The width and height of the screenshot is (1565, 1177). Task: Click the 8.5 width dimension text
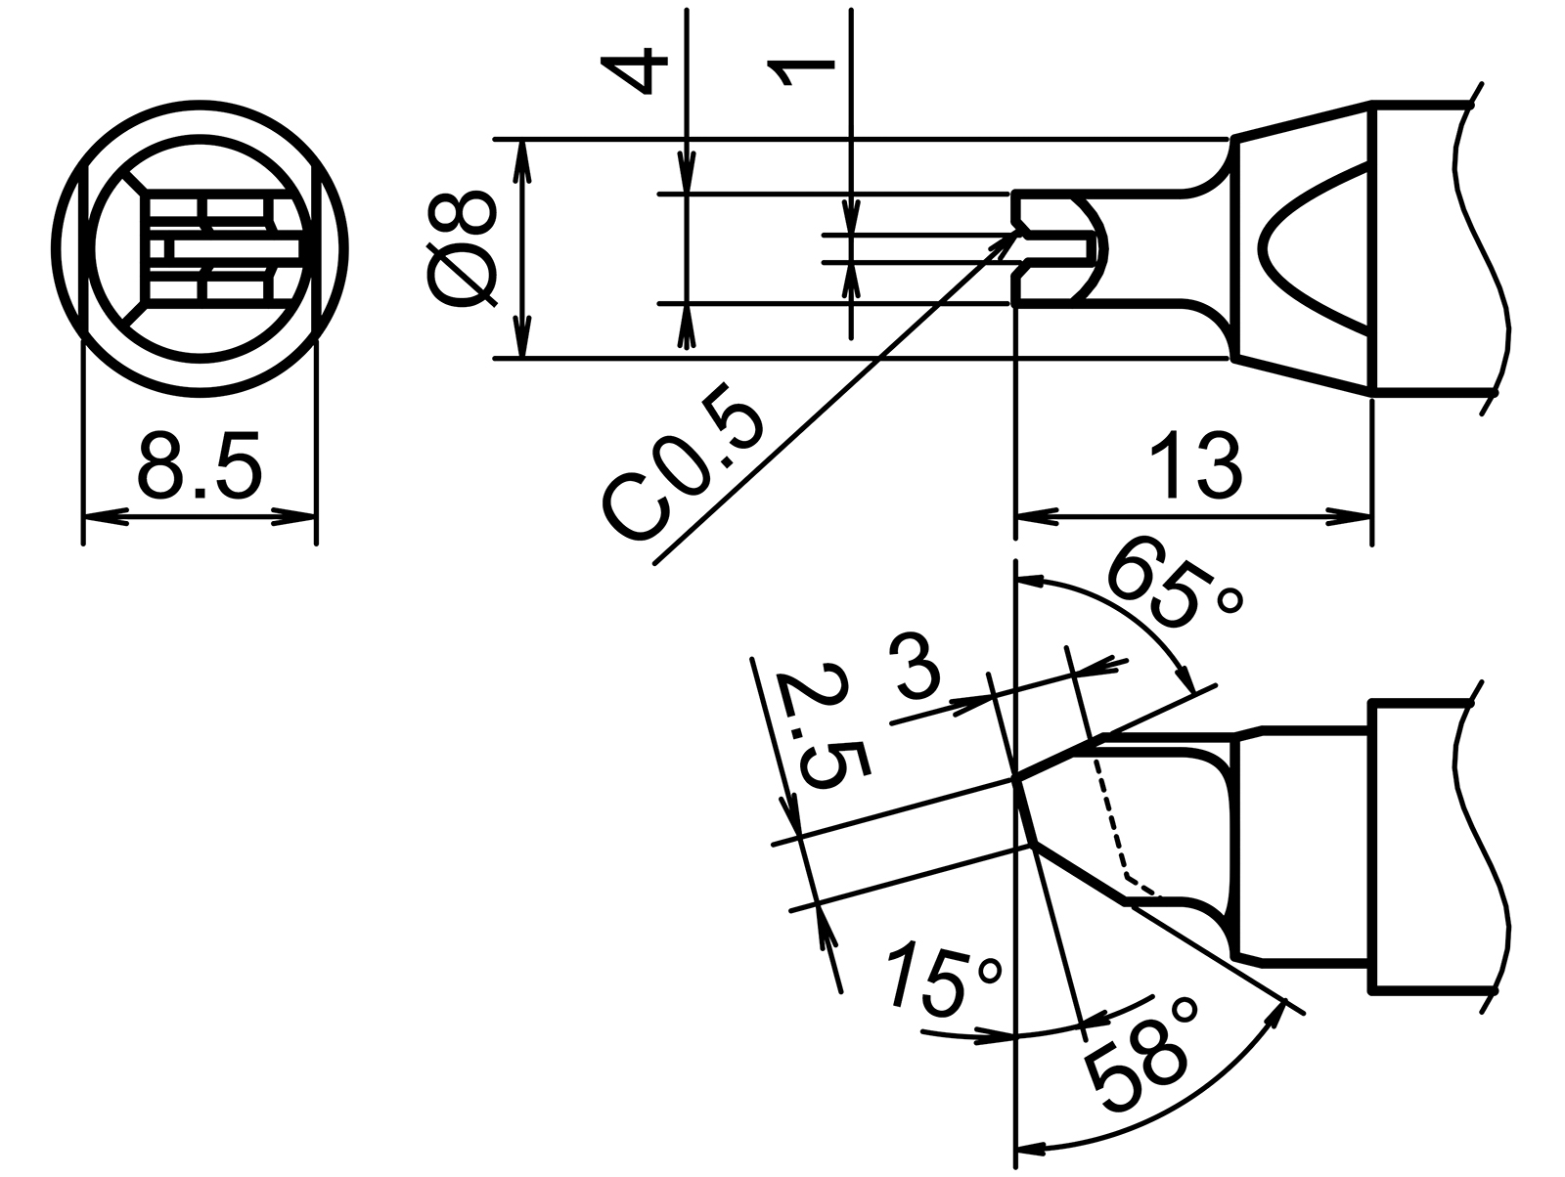[x=200, y=466]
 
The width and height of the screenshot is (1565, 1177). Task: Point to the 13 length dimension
[x=1194, y=466]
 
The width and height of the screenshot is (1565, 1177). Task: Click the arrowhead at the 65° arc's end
[x=1187, y=680]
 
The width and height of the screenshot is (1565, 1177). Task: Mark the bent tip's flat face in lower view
[x=1026, y=812]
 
